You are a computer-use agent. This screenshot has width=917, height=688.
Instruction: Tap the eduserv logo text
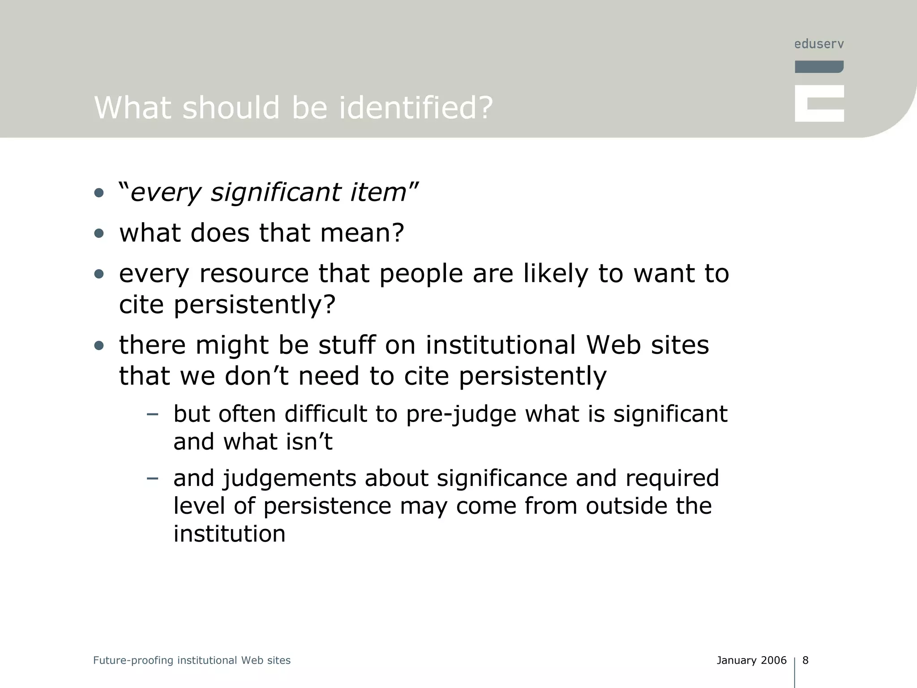819,44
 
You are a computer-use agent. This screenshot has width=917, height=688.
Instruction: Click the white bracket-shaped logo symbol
819,103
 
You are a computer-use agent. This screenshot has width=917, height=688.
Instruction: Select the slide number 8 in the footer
806,660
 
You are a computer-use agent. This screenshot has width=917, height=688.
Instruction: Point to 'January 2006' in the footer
751,660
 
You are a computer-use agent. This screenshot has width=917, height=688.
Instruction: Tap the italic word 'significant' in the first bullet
276,193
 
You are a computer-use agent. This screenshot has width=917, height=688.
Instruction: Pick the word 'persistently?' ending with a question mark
254,305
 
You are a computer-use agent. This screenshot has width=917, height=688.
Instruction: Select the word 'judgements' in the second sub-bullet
289,478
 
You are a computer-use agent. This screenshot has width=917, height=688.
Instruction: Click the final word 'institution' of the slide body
229,534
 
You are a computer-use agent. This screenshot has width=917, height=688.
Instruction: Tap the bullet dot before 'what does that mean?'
99,233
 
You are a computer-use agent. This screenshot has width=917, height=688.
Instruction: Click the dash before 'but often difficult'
152,414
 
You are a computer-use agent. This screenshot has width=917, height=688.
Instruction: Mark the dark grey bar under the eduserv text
819,67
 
